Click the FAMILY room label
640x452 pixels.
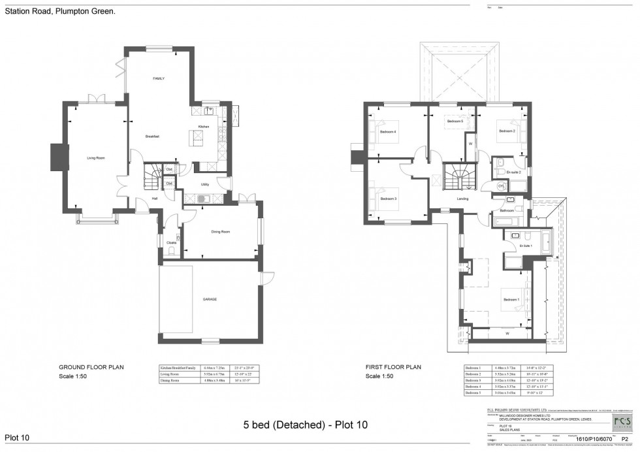[x=159, y=78]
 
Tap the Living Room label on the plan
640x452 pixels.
[x=96, y=158]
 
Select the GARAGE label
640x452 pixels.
[x=209, y=299]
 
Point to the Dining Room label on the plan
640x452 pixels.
[x=221, y=232]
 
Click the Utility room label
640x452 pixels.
[x=204, y=185]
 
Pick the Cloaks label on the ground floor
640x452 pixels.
[x=171, y=243]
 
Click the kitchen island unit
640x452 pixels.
[x=195, y=138]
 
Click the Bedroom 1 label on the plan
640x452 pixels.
[x=511, y=300]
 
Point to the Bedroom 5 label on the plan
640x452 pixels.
[x=455, y=121]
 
